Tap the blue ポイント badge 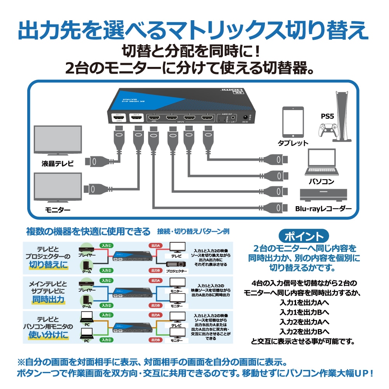[x=303, y=236]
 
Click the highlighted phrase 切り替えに [x=48, y=265]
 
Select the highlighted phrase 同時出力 [x=48, y=299]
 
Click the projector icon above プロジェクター [x=175, y=265]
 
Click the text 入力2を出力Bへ [x=304, y=332]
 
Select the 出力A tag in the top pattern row [x=156, y=246]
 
